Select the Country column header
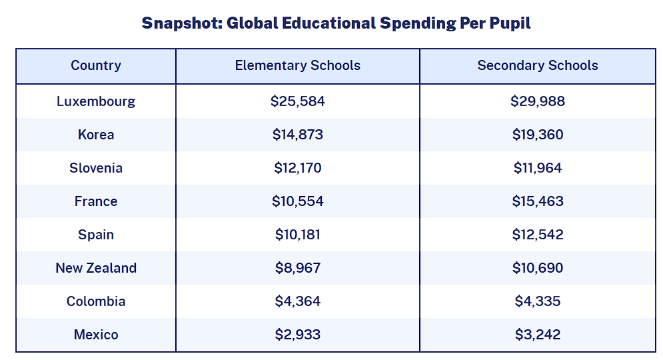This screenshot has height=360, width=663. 96,65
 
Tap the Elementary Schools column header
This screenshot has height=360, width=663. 298,65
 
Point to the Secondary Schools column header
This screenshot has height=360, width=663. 538,65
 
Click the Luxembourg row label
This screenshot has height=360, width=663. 96,101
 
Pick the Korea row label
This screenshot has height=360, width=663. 96,135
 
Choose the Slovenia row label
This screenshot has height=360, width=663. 96,168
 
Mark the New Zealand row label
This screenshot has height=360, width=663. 96,268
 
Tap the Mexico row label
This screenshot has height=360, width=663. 96,335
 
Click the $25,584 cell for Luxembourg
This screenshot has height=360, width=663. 298,101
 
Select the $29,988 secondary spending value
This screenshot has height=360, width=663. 538,101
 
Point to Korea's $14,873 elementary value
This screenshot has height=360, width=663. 298,135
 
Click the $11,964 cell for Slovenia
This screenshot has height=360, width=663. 538,168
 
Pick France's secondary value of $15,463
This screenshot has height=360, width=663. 538,201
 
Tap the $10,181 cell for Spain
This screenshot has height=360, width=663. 298,235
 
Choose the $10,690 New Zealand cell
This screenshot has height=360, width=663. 538,268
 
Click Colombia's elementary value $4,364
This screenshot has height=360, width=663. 298,301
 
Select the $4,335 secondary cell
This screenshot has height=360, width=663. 538,301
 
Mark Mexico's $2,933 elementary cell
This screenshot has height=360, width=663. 298,335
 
